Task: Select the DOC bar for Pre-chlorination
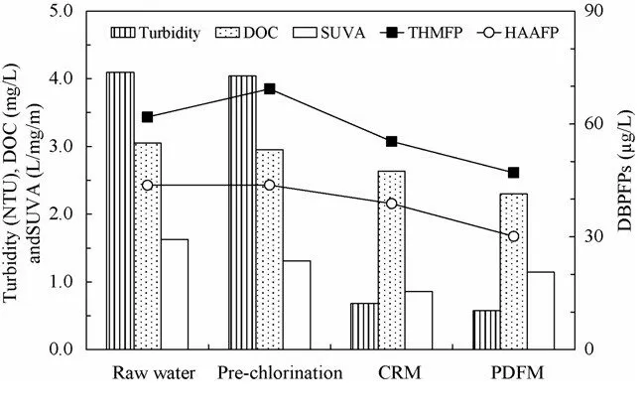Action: [x=269, y=249]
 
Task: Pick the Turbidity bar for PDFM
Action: [x=486, y=330]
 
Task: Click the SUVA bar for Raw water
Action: [x=174, y=294]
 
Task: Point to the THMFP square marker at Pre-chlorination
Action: [x=270, y=88]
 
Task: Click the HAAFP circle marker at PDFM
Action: [x=513, y=236]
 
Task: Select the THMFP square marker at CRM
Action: [x=392, y=141]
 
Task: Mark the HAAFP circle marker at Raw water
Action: [x=147, y=186]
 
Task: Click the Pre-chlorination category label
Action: [x=283, y=373]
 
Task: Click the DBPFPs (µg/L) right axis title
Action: [x=625, y=181]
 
